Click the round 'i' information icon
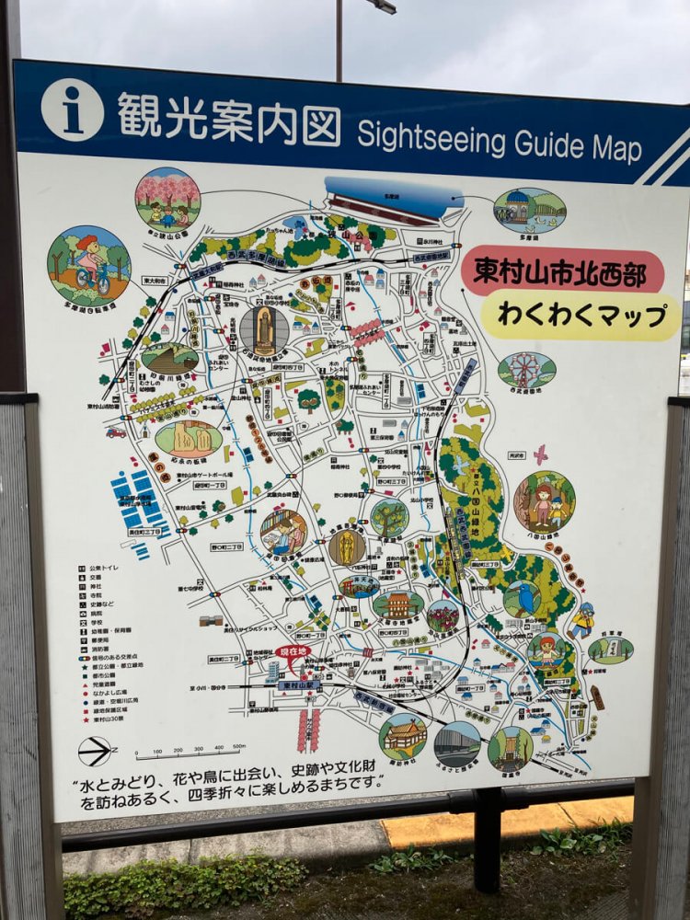[x=72, y=109]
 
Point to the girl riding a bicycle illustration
[x=89, y=265]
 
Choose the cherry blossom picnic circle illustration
[x=167, y=199]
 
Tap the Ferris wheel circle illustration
[x=526, y=371]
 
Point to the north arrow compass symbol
[x=96, y=751]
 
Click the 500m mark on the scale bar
[x=238, y=747]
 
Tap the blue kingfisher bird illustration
[x=523, y=600]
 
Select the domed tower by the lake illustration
[x=529, y=211]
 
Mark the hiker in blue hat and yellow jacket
[x=581, y=621]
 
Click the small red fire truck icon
[x=116, y=431]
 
